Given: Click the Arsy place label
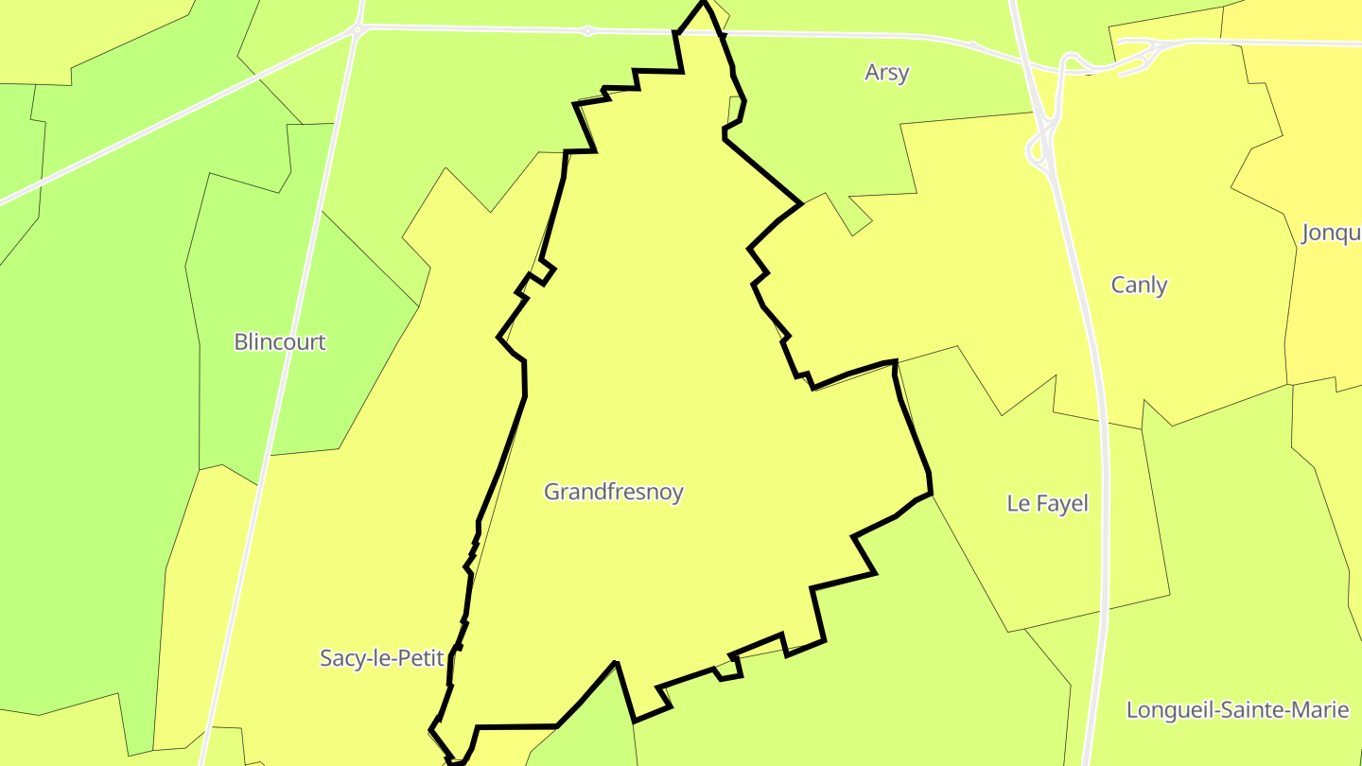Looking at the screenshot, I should [886, 73].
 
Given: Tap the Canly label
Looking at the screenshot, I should [1139, 285].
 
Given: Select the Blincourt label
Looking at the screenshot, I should [280, 341].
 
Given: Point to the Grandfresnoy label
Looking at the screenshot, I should [613, 492].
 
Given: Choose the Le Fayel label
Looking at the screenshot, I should [1047, 503].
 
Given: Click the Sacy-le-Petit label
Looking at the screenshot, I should [382, 658].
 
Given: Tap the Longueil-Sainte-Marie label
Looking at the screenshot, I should [1237, 709].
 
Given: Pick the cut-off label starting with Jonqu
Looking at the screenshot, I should [1332, 233].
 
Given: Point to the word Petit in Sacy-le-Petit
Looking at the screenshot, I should [420, 658].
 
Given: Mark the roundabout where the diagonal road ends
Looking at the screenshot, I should [358, 30].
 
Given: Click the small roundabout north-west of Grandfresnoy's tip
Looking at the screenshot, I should [587, 31].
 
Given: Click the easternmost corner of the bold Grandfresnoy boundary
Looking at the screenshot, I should [932, 493].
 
